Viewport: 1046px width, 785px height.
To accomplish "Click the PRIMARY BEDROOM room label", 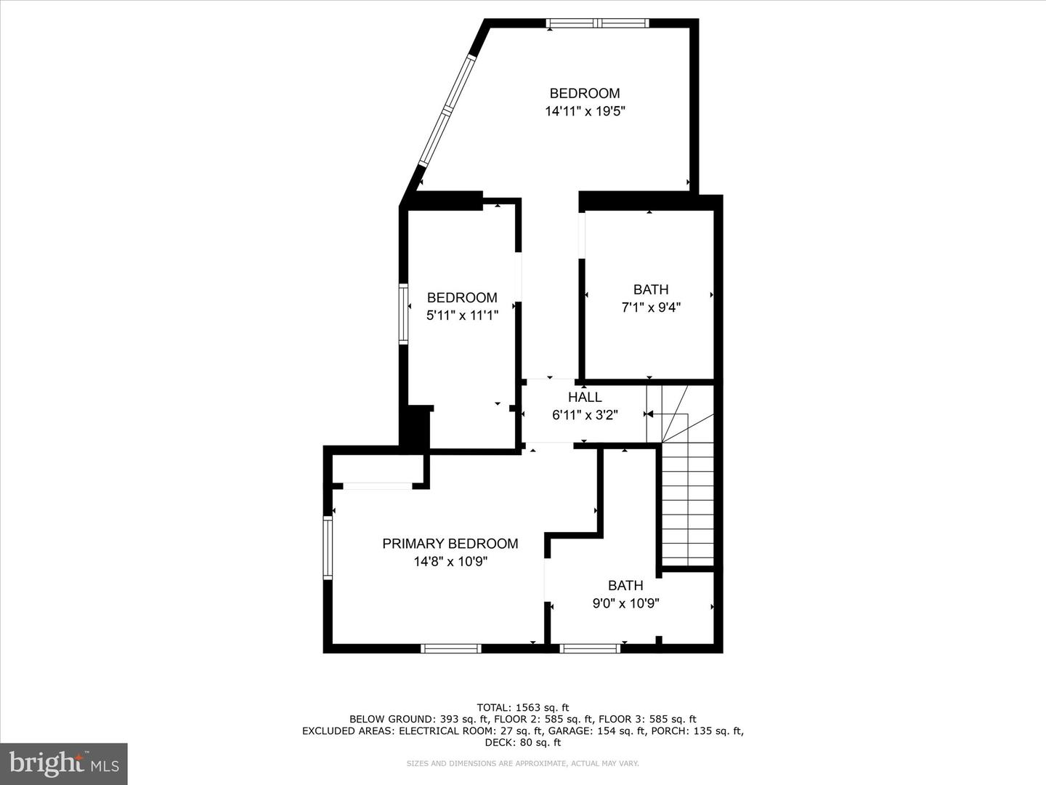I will (x=450, y=544).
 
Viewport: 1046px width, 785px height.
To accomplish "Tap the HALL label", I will (x=585, y=397).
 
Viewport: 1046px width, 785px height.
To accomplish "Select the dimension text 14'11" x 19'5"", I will (x=585, y=111).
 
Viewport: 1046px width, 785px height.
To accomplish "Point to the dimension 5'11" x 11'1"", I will (x=462, y=315).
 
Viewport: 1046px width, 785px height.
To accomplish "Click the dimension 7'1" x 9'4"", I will (x=650, y=307).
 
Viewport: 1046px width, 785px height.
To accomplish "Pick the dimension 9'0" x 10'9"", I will (x=625, y=603).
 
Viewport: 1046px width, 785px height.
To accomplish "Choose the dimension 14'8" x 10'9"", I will (x=450, y=562).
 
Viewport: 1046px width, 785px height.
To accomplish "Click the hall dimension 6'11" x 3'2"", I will (x=585, y=415).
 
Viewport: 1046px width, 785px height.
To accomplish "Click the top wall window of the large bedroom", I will (x=597, y=23).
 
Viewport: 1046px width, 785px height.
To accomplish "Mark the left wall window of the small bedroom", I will (x=403, y=313).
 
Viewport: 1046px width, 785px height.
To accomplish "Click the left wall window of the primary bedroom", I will (x=328, y=547).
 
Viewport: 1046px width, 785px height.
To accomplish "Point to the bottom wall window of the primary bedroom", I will (x=451, y=648).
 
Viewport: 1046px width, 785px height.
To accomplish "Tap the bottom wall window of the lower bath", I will (x=590, y=648).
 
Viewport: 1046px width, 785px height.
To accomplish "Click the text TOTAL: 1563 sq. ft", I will (x=522, y=707).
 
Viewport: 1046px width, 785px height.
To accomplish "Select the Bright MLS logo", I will (x=64, y=763).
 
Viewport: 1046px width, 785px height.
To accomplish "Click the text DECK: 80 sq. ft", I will (x=522, y=742).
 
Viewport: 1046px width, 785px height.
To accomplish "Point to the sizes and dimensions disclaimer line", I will (x=522, y=763).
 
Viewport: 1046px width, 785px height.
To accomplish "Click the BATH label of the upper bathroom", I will (x=650, y=289).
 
